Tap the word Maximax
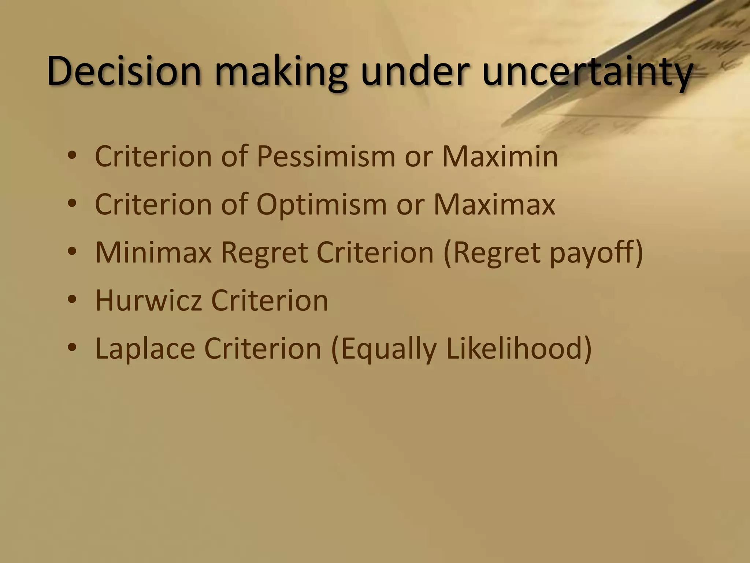tap(494, 204)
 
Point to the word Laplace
tap(145, 348)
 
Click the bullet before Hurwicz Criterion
tap(72, 300)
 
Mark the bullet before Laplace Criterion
tap(72, 348)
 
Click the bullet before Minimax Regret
tap(72, 252)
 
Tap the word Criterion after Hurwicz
tap(270, 300)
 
